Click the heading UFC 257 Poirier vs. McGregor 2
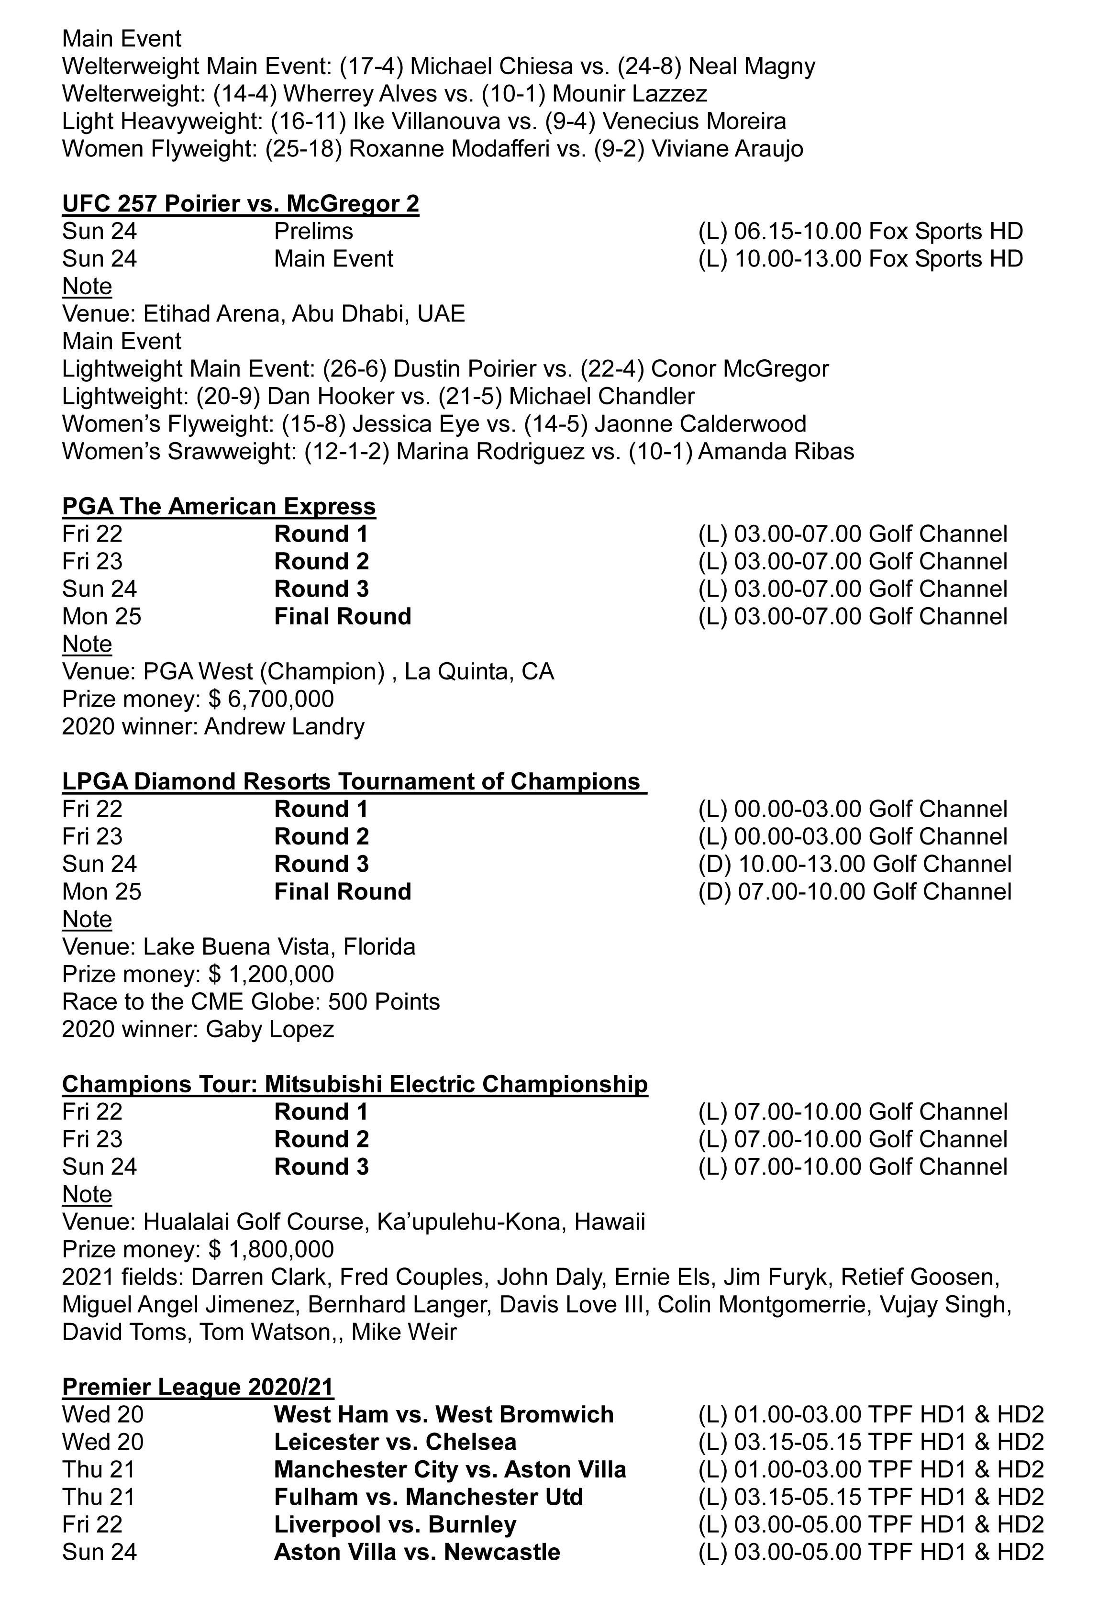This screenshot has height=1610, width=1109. (x=241, y=204)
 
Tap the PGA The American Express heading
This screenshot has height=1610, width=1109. (x=219, y=507)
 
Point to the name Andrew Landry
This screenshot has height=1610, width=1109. (x=284, y=727)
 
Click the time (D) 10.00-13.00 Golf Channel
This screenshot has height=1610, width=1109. (x=854, y=865)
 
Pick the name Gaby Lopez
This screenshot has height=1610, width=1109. (x=270, y=1029)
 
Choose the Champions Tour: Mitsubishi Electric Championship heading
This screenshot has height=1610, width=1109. (x=355, y=1085)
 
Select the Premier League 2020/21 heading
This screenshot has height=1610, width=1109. (x=198, y=1387)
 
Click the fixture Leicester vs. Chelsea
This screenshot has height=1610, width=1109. (x=395, y=1442)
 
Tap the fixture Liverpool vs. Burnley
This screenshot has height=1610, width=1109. (x=395, y=1524)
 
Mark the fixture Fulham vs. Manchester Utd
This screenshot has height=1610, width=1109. (x=428, y=1497)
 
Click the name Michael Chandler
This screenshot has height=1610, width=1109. (x=602, y=397)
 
